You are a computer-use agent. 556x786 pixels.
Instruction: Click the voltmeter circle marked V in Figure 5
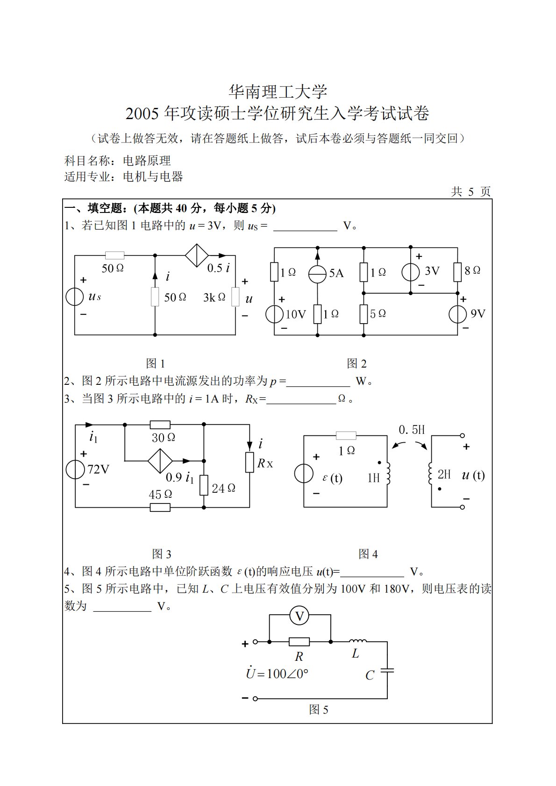(299, 616)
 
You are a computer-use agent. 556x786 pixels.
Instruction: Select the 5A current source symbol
(317, 274)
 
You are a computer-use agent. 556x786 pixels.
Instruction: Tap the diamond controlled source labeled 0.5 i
(197, 255)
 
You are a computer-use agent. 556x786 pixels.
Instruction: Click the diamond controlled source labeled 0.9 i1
(160, 461)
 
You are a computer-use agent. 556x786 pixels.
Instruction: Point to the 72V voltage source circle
(75, 469)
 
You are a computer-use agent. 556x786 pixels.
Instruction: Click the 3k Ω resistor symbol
(235, 297)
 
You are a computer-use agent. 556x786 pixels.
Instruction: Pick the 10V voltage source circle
(274, 314)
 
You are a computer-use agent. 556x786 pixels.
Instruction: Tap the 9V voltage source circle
(457, 314)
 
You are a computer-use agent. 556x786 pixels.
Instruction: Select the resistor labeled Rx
(250, 462)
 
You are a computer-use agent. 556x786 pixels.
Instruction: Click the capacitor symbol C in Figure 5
(387, 671)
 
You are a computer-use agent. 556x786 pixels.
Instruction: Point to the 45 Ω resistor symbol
(160, 507)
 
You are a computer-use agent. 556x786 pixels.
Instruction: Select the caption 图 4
(368, 554)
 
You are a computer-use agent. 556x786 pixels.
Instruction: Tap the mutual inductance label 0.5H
(412, 430)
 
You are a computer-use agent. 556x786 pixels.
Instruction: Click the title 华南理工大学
(278, 92)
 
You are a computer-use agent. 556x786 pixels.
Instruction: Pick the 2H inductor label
(444, 474)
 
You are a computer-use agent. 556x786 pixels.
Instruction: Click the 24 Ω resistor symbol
(204, 485)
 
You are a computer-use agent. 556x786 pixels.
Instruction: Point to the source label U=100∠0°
(277, 673)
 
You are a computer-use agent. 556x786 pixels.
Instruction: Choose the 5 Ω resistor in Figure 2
(364, 314)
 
